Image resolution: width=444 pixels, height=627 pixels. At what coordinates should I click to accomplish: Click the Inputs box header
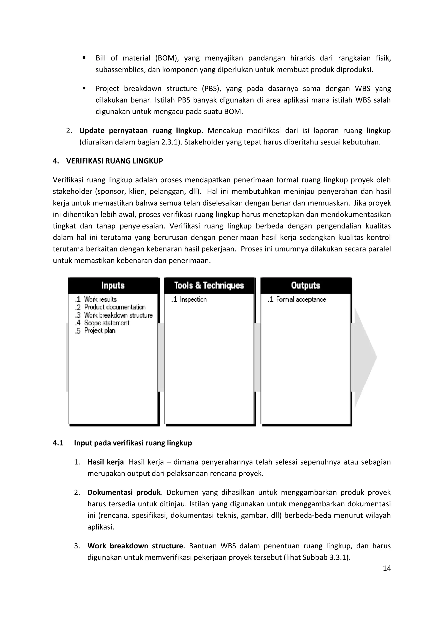tap(113, 285)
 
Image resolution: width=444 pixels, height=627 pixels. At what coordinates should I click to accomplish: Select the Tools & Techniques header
tap(209, 285)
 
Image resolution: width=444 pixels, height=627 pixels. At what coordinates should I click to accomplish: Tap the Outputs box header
tap(306, 285)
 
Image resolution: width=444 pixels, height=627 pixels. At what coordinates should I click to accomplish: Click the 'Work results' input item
tap(100, 299)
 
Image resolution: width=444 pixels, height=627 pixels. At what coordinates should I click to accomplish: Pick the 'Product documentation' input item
tap(114, 307)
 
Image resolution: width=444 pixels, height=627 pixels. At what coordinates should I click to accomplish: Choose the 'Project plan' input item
tap(100, 331)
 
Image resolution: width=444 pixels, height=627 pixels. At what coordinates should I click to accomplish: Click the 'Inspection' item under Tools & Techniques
tap(193, 300)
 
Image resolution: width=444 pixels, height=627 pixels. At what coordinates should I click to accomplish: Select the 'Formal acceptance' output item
tap(301, 300)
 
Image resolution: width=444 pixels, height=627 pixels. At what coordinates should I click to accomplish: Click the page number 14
tap(387, 568)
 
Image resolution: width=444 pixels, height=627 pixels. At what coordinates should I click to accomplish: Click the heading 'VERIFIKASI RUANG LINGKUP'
tap(114, 161)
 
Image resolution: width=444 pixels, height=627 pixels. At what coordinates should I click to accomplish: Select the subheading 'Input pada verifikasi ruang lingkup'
tap(133, 443)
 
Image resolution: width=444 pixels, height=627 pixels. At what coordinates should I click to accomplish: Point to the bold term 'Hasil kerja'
tap(106, 462)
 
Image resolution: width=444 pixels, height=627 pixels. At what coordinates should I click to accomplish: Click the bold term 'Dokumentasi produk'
tap(124, 492)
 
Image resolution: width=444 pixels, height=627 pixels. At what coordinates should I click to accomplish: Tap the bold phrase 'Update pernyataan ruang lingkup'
tap(140, 131)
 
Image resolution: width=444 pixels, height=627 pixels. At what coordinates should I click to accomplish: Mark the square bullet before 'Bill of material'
tap(84, 58)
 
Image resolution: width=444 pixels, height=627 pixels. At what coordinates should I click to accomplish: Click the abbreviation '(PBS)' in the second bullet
tap(212, 89)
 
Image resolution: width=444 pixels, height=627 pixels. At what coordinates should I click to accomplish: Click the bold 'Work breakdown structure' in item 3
tap(135, 546)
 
